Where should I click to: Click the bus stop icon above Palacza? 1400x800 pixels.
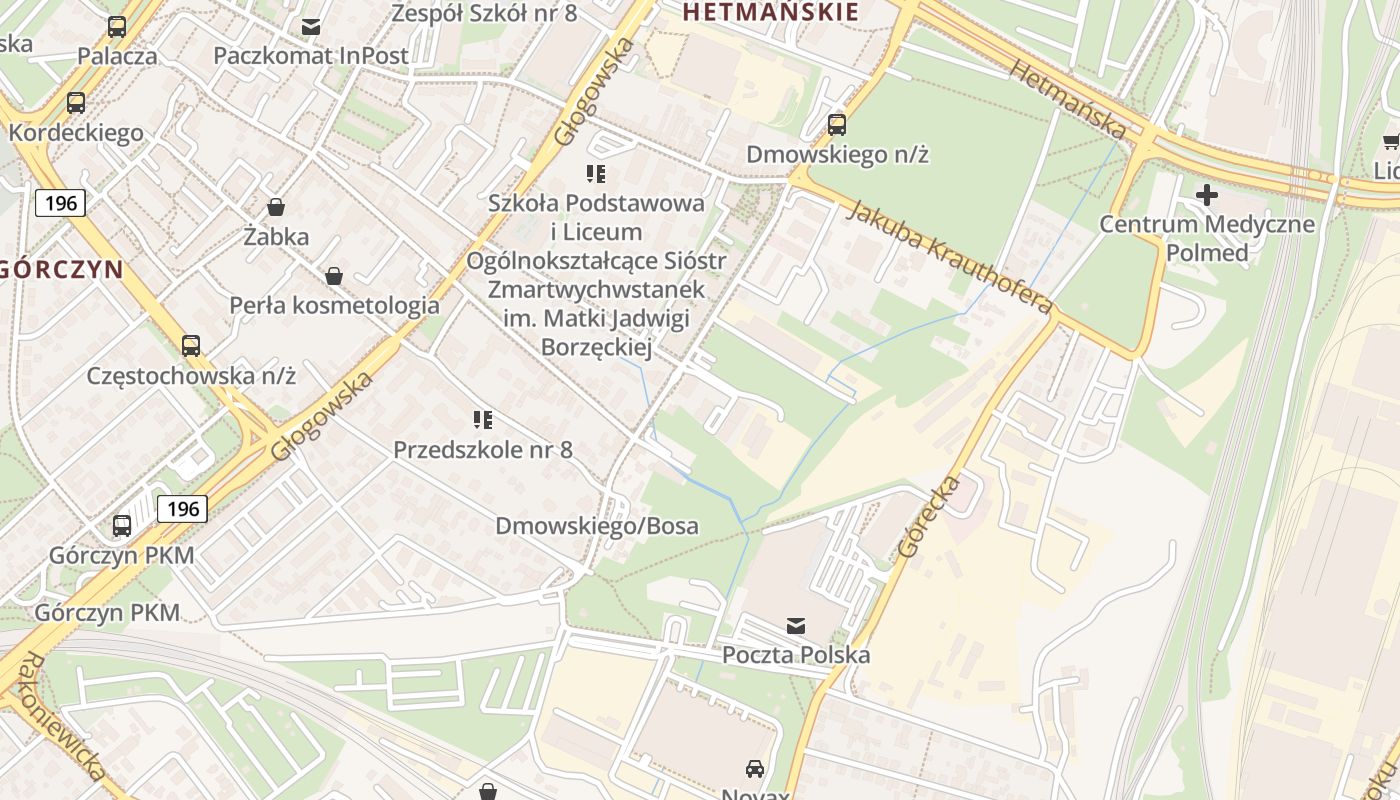tap(117, 27)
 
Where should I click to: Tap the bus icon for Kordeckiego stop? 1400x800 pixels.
tap(76, 102)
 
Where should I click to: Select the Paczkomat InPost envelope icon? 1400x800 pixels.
tap(311, 26)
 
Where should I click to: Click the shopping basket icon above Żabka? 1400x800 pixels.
tap(276, 207)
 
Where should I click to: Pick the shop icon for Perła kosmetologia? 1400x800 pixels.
tap(334, 275)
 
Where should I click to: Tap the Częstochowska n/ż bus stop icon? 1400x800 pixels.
tap(191, 346)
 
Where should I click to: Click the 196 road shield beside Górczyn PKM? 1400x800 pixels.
tap(182, 508)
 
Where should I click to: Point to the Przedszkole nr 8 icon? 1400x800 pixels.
tap(483, 420)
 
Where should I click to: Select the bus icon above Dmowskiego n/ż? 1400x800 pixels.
tap(837, 125)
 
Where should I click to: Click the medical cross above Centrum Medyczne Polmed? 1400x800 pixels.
tap(1207, 194)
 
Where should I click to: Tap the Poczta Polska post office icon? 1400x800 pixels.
tap(796, 626)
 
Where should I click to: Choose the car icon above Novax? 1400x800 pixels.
tap(755, 768)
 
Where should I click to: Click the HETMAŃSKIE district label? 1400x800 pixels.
tap(770, 12)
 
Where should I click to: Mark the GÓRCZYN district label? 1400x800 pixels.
tap(62, 269)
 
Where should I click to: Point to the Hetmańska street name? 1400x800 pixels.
tap(1067, 97)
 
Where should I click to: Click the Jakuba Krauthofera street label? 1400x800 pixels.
tap(950, 257)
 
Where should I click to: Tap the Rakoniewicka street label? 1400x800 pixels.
tap(62, 716)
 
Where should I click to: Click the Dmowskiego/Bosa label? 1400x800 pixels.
tap(597, 526)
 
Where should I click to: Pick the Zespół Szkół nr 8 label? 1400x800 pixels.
tap(484, 13)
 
